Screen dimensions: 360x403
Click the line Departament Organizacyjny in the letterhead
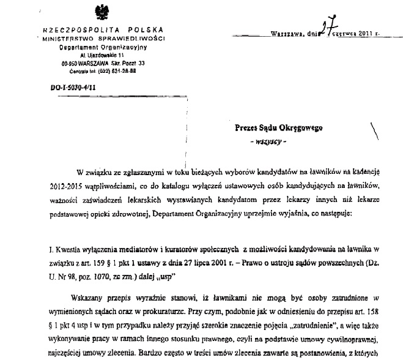tap(98, 46)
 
